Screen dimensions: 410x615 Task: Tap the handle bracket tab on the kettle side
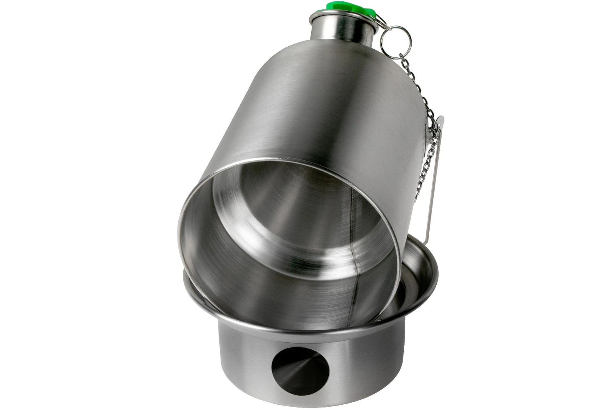point(440,123)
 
